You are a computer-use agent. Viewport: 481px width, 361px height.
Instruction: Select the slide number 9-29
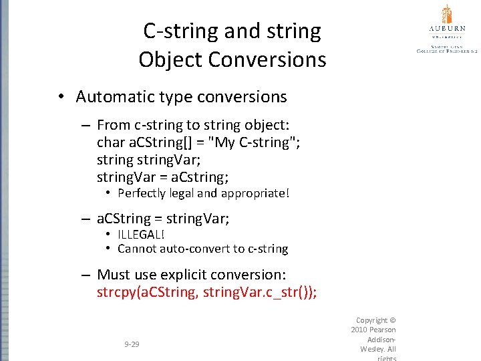[132, 344]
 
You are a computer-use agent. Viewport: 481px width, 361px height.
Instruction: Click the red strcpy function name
[116, 292]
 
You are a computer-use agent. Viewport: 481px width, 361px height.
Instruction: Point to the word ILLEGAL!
[140, 235]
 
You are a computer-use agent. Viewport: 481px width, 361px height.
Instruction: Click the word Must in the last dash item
[113, 275]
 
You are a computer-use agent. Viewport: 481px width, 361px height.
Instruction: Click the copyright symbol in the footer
[392, 320]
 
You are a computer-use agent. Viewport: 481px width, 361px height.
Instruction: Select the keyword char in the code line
[111, 142]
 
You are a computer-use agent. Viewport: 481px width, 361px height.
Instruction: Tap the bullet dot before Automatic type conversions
[60, 97]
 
